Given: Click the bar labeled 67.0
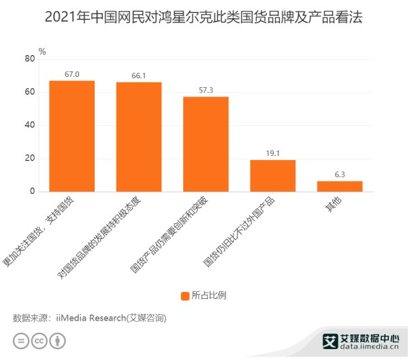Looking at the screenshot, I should point(71,136).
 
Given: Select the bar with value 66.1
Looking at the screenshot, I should point(139,137).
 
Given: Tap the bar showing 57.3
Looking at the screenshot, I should point(206,144).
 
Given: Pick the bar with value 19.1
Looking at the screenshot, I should point(272,176).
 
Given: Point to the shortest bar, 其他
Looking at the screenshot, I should point(340,186).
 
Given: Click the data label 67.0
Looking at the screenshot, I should point(71,74).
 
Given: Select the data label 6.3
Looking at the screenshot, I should point(340,175).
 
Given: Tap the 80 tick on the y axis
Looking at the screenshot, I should point(29,59).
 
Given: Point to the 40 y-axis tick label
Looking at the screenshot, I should point(29,125).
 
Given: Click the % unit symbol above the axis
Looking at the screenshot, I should point(42,51).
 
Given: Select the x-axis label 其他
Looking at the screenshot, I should point(334,206).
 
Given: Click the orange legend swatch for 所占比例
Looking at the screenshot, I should point(185,295).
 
